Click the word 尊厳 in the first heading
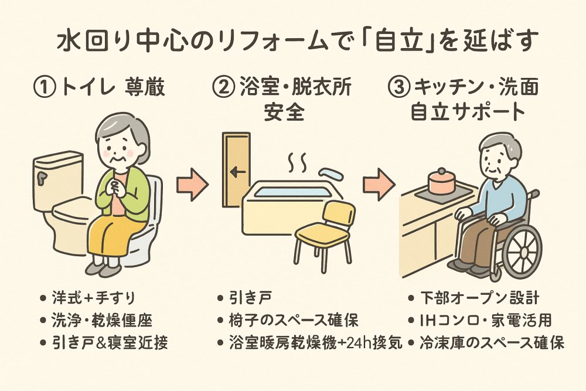(146, 89)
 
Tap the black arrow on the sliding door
(237, 172)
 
